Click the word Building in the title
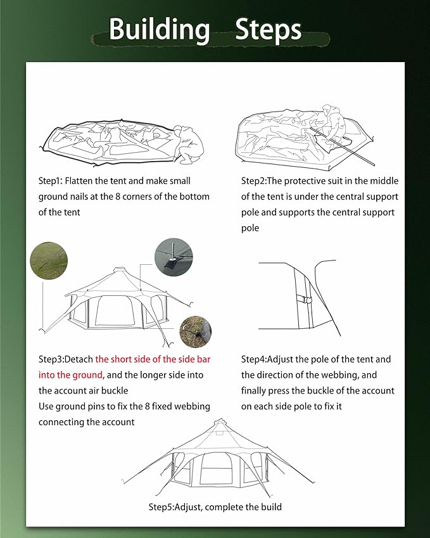point(158,30)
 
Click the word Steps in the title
point(268,30)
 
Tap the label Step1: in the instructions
point(53,181)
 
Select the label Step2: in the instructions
point(256,181)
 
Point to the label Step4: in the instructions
point(256,359)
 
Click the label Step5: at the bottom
point(163,507)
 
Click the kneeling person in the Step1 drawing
point(189,143)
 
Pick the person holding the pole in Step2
point(332,122)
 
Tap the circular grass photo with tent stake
point(47,260)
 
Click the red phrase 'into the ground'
point(70,375)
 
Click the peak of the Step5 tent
point(219,421)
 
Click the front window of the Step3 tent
point(108,314)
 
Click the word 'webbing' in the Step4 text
point(344,375)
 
